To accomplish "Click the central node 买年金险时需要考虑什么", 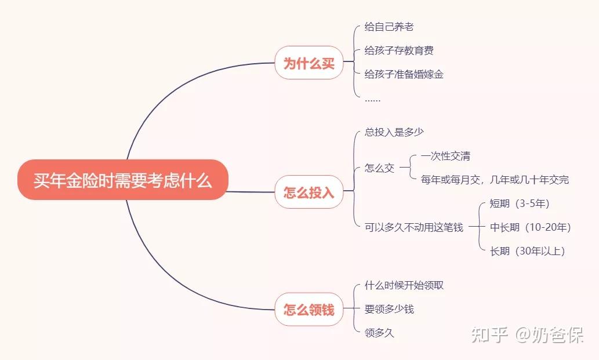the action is click(122, 180).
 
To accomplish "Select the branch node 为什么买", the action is click(308, 63).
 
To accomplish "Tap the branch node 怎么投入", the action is click(308, 192).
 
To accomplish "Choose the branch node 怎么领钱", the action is click(308, 309).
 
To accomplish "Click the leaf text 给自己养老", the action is click(389, 27).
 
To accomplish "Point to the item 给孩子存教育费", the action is click(399, 50).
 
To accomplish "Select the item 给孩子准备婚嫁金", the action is click(404, 74).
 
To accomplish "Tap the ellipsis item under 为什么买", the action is click(372, 99).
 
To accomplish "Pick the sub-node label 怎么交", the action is click(379, 168).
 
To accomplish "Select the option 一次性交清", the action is click(445, 156).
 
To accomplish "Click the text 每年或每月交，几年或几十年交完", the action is click(495, 180).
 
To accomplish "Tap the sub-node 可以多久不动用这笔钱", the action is click(413, 227).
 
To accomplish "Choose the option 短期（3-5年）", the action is click(520, 203).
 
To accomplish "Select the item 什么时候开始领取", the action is click(404, 285).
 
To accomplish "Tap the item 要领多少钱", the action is click(389, 309).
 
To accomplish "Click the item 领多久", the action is click(379, 333).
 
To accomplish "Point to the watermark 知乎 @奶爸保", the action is click(527, 334).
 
